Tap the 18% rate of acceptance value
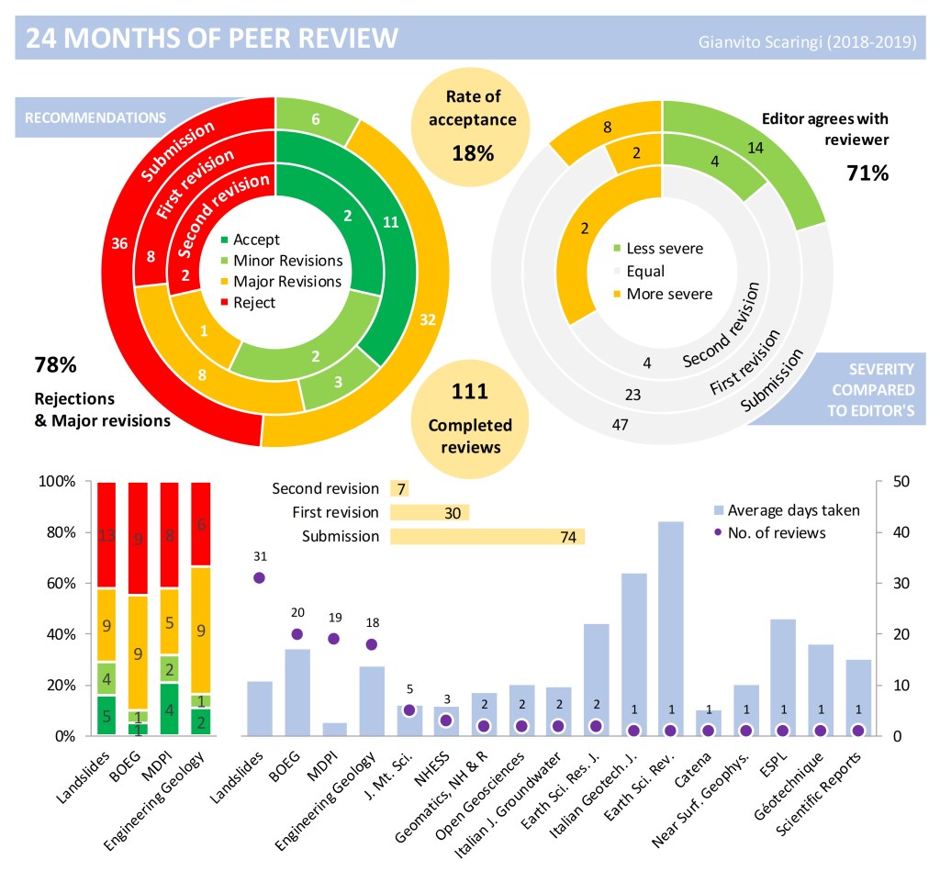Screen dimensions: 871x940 [x=473, y=152]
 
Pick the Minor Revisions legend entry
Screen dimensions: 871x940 [x=287, y=261]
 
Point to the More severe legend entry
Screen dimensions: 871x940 [x=668, y=294]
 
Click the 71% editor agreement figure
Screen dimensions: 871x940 [x=867, y=172]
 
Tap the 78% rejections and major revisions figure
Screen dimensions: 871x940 [x=55, y=364]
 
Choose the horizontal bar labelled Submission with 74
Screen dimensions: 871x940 [x=487, y=537]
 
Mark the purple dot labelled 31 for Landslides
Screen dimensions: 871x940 [x=260, y=577]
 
